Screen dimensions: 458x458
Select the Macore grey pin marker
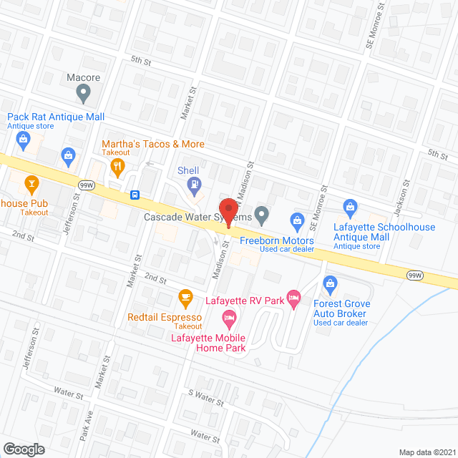pyautogui.click(x=84, y=92)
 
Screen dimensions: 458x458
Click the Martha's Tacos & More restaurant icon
pyautogui.click(x=117, y=167)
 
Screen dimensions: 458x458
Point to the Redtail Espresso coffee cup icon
pyautogui.click(x=185, y=296)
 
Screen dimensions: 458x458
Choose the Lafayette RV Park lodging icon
pyautogui.click(x=293, y=297)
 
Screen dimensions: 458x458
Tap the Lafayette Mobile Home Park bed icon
pyautogui.click(x=229, y=317)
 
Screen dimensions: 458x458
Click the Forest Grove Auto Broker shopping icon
pyautogui.click(x=330, y=283)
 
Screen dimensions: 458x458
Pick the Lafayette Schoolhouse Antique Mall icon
pyautogui.click(x=351, y=208)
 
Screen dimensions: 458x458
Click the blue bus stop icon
pyautogui.click(x=135, y=194)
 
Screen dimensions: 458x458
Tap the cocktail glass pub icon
pyautogui.click(x=31, y=185)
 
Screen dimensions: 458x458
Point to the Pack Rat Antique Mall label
pyautogui.click(x=56, y=117)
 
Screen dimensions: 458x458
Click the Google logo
pyautogui.click(x=24, y=449)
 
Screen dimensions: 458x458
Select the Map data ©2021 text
pyautogui.click(x=427, y=452)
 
